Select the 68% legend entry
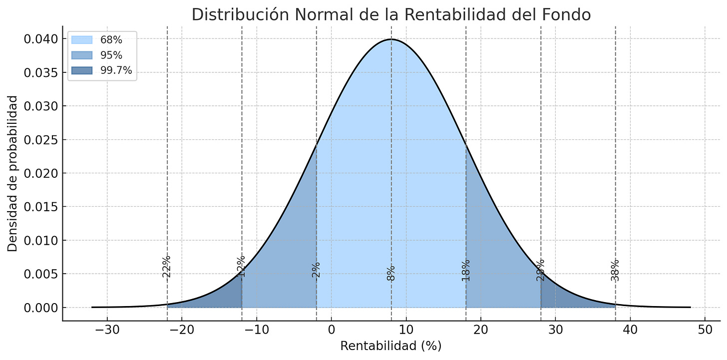[111, 40]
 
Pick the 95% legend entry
[111, 55]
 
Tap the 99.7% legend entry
[116, 70]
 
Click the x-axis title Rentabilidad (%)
[391, 346]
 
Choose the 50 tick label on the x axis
[705, 331]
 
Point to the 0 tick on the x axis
[331, 331]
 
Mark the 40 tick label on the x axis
[630, 331]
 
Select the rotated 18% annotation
[466, 270]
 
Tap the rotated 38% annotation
[615, 270]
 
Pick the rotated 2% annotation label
[316, 270]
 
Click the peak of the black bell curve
[391, 39]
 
